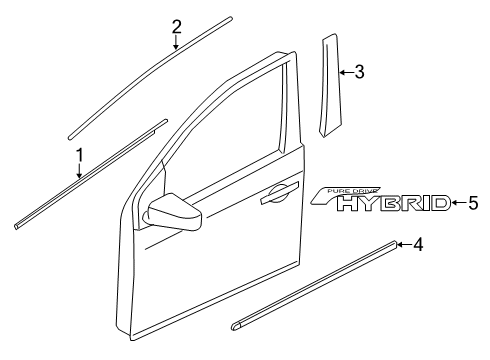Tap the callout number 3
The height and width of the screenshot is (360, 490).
click(358, 71)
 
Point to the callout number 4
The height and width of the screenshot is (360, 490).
click(419, 243)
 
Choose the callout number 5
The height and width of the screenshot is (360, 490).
click(473, 203)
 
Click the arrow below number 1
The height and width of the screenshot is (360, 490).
click(78, 172)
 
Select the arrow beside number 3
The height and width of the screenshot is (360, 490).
click(344, 71)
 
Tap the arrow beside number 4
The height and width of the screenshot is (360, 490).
click(404, 243)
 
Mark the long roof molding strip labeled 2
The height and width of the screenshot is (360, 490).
click(150, 75)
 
